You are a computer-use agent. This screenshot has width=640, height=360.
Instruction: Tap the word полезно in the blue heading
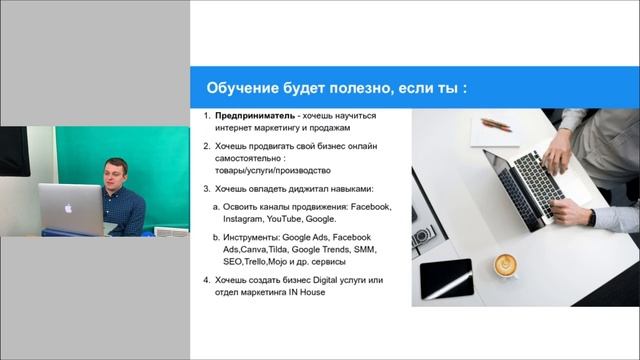[340, 87]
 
